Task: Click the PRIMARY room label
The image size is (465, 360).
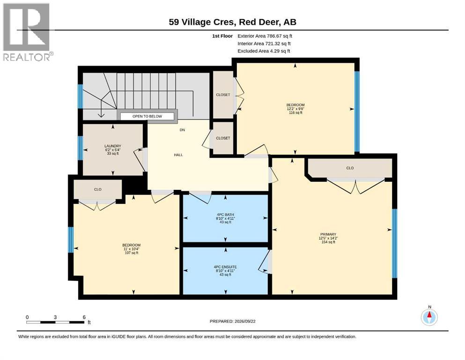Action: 328,234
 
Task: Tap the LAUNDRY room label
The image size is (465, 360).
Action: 113,146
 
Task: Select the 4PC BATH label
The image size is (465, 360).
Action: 225,214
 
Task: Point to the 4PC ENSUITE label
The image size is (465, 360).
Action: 225,267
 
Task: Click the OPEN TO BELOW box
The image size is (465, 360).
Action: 147,116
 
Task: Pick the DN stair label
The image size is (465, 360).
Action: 182,130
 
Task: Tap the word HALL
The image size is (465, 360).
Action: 178,155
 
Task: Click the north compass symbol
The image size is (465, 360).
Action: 429,317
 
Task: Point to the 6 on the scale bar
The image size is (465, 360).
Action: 84,317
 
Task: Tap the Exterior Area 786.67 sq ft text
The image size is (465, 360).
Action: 265,36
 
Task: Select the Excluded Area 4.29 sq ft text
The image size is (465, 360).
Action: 264,51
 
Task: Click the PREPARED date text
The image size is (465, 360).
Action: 232,321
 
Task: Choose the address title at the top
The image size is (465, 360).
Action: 232,22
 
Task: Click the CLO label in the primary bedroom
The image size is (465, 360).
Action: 350,168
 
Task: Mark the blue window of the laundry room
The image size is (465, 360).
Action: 80,148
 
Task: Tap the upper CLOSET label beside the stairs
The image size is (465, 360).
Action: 223,95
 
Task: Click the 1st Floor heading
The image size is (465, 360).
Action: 222,36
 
